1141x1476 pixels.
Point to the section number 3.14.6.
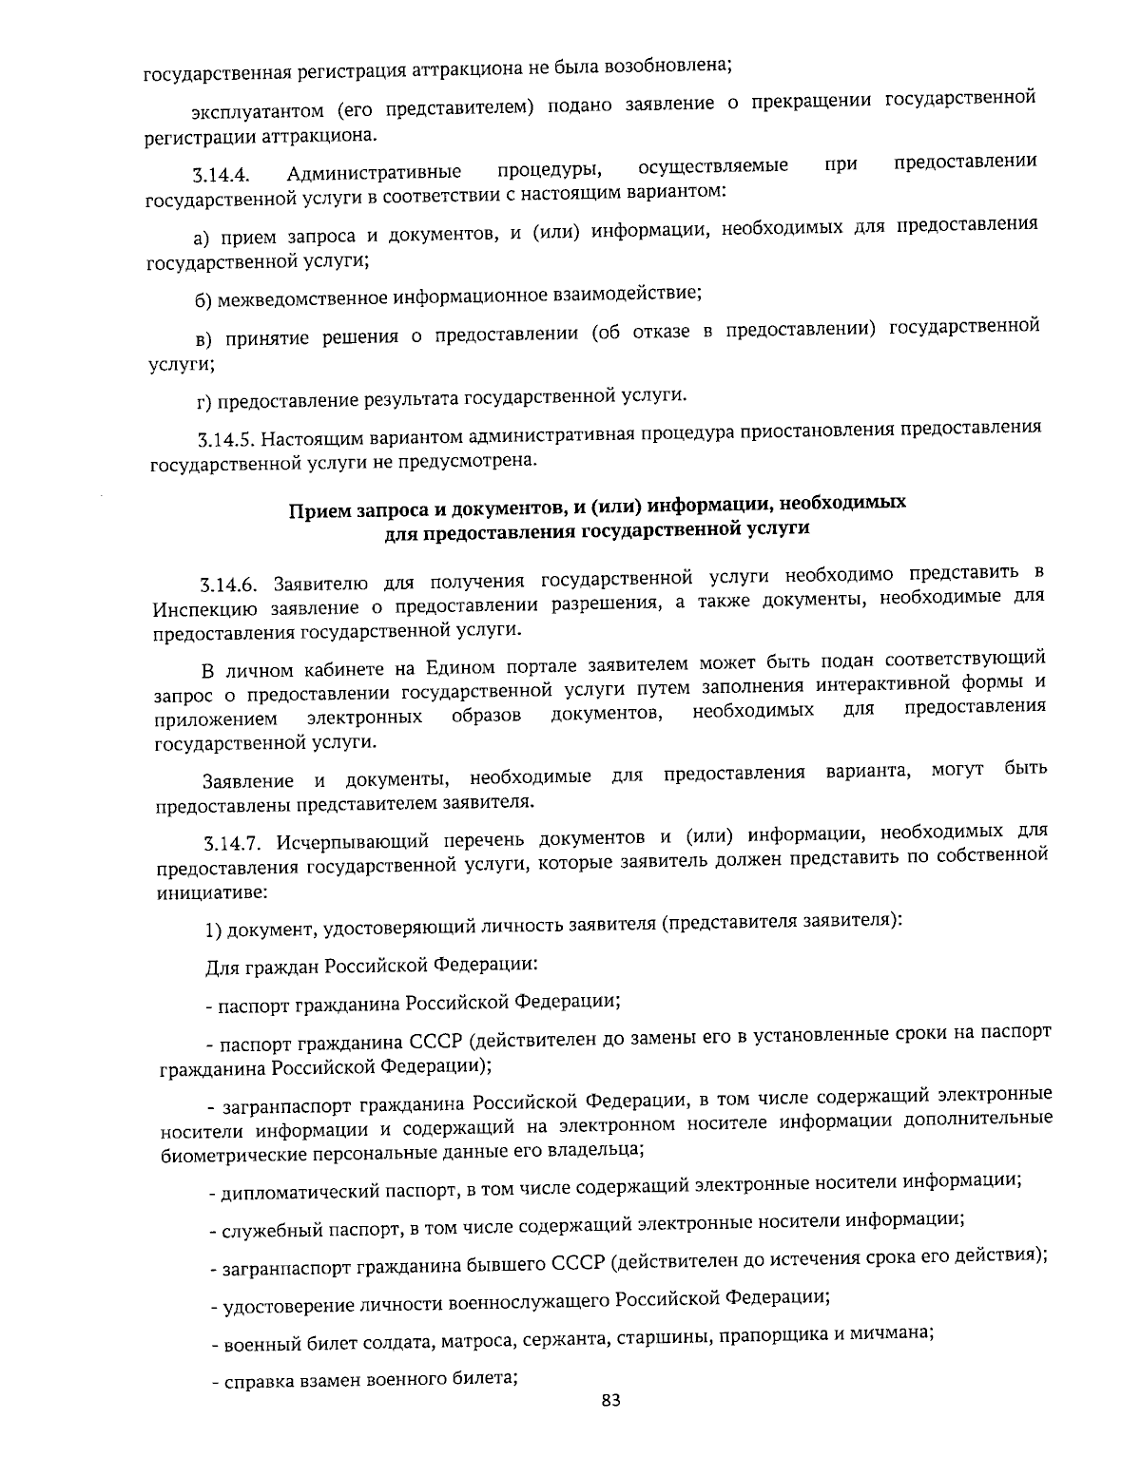[230, 583]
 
